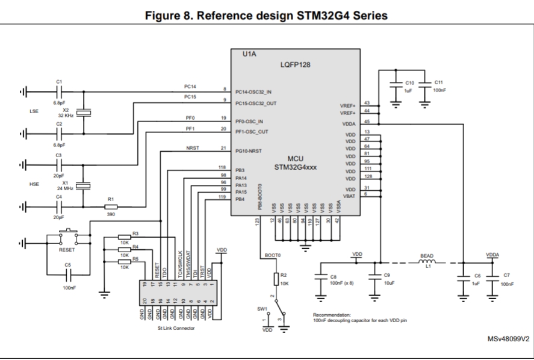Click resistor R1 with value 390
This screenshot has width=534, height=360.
tap(110, 207)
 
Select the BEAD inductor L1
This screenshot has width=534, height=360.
tap(427, 262)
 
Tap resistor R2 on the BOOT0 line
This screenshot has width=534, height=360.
tap(276, 279)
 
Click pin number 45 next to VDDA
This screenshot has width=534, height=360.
tap(367, 122)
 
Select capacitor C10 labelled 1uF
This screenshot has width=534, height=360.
tap(395, 85)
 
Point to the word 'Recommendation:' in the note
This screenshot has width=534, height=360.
tap(332, 315)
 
